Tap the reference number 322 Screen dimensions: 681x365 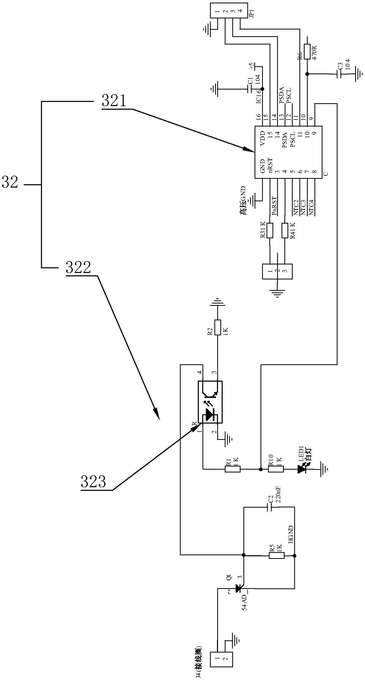click(78, 268)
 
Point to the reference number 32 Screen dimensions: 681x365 click(10, 182)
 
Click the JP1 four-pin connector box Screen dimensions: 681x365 click(229, 11)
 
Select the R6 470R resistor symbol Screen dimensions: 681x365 click(307, 51)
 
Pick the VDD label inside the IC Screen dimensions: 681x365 click(262, 138)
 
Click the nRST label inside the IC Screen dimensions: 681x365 click(270, 166)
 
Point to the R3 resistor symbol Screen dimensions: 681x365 click(270, 231)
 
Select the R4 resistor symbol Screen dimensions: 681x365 click(285, 231)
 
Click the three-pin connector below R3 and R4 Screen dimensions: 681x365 click(277, 271)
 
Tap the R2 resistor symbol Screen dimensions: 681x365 click(217, 328)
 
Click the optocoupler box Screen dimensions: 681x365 click(210, 402)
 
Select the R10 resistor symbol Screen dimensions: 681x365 click(276, 469)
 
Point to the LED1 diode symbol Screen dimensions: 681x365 click(302, 469)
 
